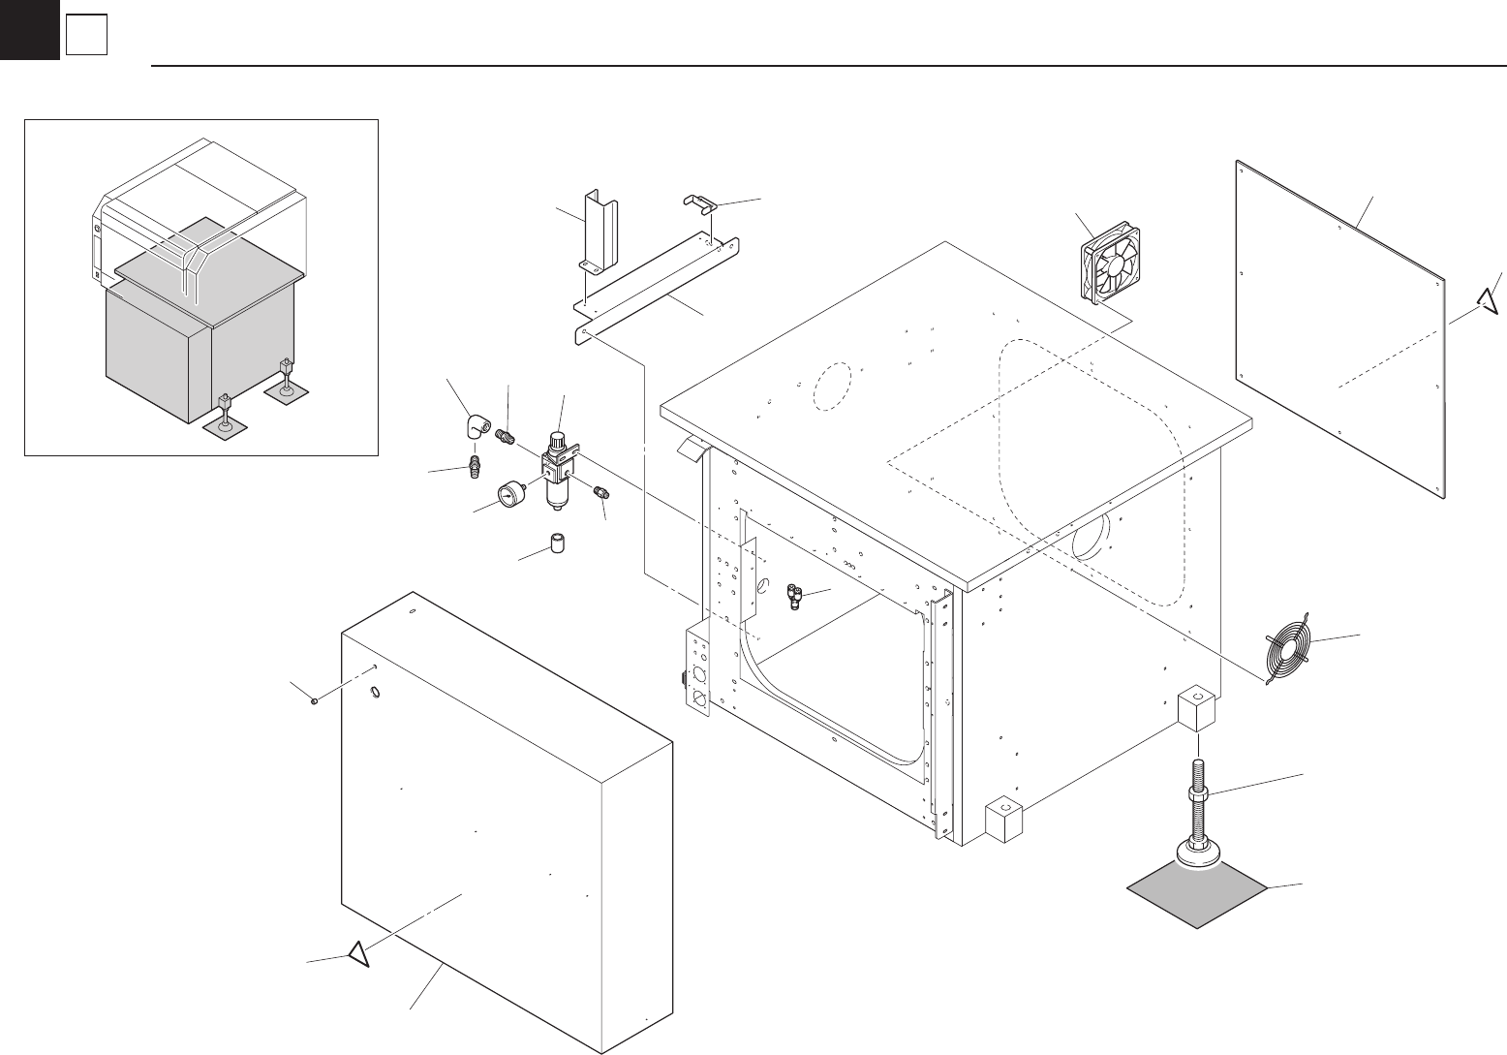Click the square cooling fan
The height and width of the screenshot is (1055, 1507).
(1110, 260)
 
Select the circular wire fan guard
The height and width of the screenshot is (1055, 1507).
(1293, 650)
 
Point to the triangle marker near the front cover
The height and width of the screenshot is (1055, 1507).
(358, 954)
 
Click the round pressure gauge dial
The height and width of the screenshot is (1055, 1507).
(508, 496)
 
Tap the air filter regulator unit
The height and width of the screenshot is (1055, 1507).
(559, 469)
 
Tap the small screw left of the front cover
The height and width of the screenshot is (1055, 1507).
(316, 702)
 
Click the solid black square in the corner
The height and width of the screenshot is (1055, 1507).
(28, 28)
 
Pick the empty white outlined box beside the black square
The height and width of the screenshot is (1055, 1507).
(85, 36)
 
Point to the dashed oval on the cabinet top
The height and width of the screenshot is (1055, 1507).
(831, 388)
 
